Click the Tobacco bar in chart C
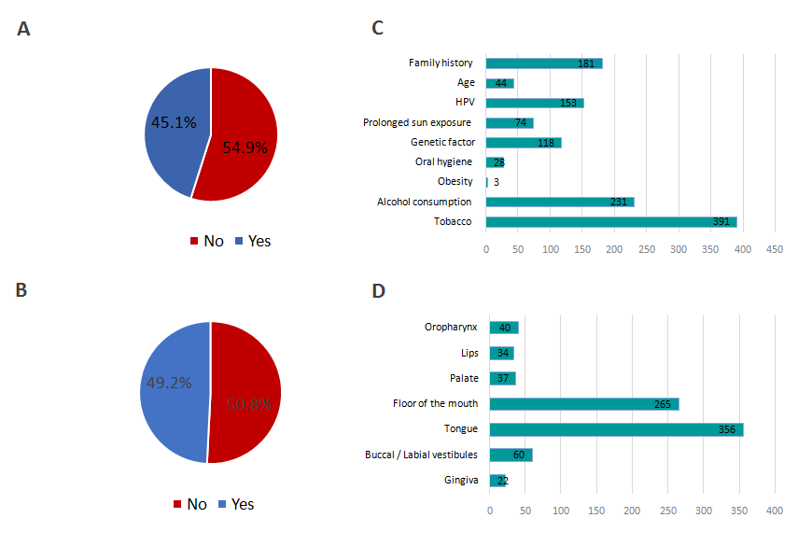611,222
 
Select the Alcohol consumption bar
560,202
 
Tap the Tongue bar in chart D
616,429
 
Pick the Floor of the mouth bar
584,403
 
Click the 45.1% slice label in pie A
173,122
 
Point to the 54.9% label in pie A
245,147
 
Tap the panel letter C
378,29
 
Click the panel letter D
378,291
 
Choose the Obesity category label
455,182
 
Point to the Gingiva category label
461,480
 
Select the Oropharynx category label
451,328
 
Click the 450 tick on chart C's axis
774,250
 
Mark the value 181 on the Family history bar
587,63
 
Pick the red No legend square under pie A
194,242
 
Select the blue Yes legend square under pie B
222,505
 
